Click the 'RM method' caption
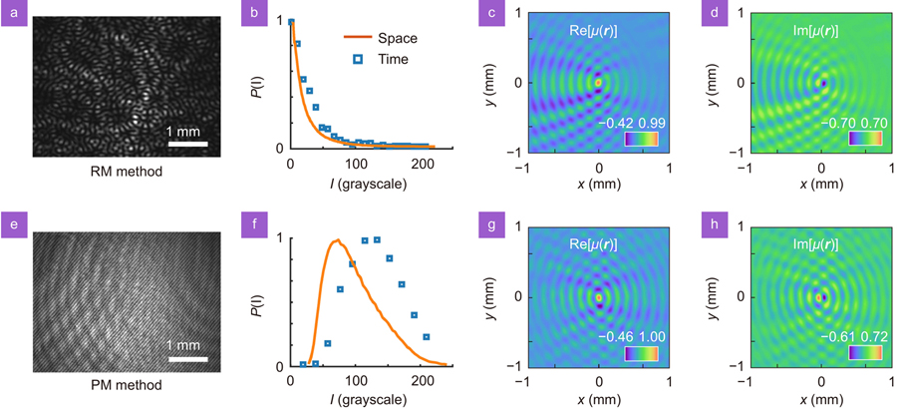coord(125,171)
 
